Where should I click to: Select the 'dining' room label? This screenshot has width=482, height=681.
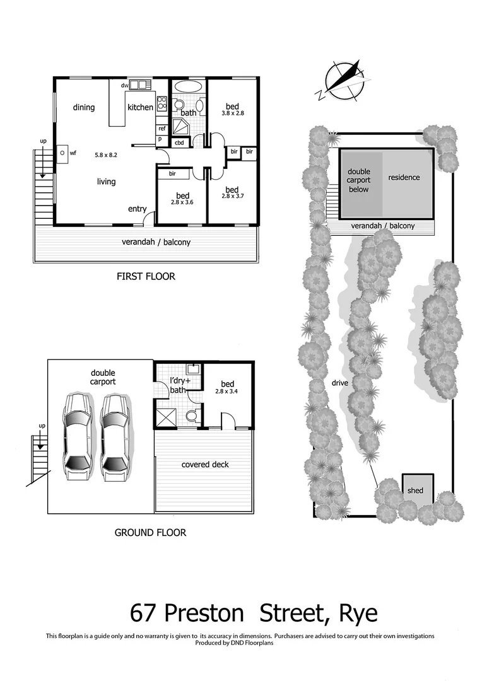click(83, 107)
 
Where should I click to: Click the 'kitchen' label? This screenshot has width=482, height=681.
click(140, 107)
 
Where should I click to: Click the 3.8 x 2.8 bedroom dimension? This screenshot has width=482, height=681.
click(232, 113)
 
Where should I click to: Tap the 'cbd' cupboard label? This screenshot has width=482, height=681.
click(179, 143)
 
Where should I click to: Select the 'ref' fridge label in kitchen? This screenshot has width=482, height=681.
click(162, 128)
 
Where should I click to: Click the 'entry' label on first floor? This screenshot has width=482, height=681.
click(137, 209)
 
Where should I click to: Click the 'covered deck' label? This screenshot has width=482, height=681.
click(205, 465)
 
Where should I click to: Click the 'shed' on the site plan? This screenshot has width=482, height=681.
click(415, 491)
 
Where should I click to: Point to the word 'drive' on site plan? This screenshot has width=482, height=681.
click(340, 383)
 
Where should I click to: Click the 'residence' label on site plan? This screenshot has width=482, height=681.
click(404, 177)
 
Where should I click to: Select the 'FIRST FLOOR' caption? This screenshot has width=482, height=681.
click(146, 276)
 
